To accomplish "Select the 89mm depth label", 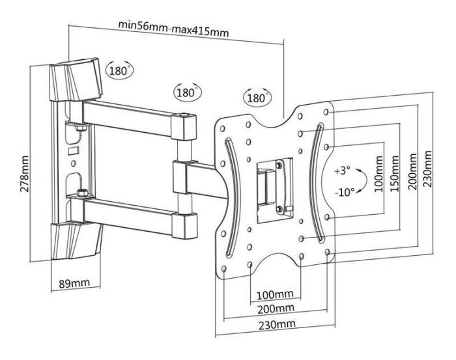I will [x=73, y=283].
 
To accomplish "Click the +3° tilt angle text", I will [x=343, y=172].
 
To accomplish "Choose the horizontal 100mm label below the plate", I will [x=274, y=294].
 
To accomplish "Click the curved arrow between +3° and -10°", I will [x=365, y=182].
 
